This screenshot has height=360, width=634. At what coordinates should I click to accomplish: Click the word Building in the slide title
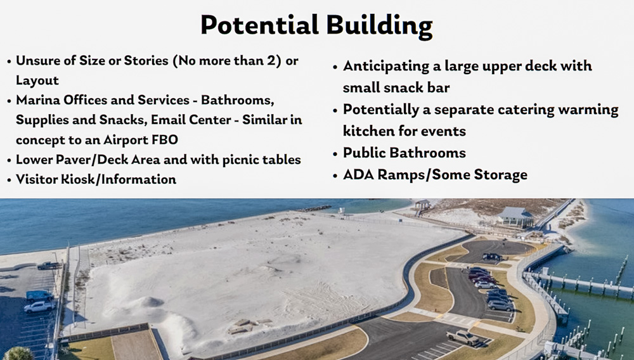[x=379, y=26]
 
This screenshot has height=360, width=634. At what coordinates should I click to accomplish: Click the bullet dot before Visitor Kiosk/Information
[x=8, y=180]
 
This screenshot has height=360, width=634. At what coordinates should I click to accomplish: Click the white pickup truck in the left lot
[x=39, y=306]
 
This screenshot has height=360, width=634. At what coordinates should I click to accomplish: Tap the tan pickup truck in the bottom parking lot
[x=462, y=337]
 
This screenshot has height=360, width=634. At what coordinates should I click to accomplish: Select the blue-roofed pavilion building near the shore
[x=515, y=216]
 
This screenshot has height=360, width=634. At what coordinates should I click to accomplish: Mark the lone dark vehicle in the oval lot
[x=491, y=257]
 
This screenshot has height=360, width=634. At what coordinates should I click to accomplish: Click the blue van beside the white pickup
[x=39, y=295]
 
